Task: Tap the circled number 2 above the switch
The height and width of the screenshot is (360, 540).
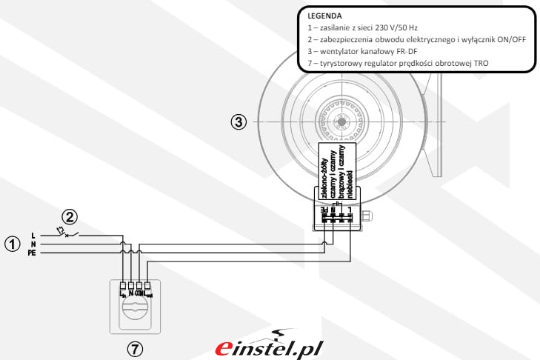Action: click(x=69, y=217)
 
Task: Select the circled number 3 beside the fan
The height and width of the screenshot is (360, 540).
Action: click(x=239, y=122)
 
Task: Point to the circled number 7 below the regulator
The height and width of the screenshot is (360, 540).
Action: click(x=136, y=347)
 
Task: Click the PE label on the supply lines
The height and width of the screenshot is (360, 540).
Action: click(x=33, y=253)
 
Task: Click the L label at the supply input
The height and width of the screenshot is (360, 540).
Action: click(x=33, y=236)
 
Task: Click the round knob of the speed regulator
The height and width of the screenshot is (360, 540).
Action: click(x=136, y=310)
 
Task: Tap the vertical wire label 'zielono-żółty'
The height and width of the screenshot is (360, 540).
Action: click(x=324, y=171)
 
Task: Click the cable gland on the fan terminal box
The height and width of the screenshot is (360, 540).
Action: click(x=371, y=217)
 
